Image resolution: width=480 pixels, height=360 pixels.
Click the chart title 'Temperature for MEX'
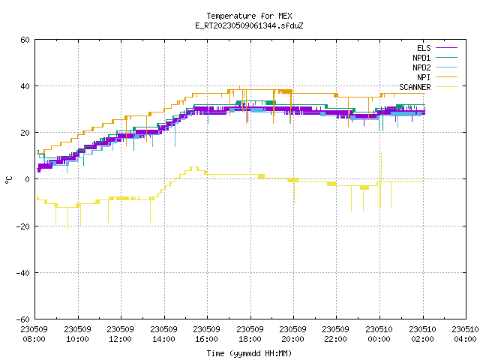249,16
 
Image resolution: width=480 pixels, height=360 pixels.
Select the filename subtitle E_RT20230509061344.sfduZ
249,25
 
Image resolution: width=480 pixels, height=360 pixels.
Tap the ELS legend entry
436,48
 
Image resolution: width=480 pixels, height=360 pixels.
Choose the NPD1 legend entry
435,58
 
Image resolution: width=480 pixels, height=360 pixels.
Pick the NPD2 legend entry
435,67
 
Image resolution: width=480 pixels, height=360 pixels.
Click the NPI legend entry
436,77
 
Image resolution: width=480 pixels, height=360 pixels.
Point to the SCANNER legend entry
428,87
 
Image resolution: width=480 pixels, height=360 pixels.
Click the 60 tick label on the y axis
25,40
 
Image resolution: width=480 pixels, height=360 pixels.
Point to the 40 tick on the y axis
25,86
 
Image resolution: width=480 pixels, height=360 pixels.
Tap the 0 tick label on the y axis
28,179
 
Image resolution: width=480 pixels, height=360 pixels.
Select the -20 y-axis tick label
23,226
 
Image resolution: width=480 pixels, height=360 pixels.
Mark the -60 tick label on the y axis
23,319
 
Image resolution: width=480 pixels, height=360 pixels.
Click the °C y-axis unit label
8,180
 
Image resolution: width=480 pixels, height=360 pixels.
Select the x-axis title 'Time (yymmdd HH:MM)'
249,353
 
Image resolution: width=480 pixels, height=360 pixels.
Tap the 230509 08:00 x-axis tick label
34,334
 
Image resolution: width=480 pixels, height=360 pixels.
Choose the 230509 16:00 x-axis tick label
207,334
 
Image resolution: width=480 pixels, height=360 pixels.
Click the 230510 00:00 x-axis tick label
379,334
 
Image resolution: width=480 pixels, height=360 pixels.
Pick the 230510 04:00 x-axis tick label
465,334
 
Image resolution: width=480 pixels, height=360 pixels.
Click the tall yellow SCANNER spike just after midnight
381,166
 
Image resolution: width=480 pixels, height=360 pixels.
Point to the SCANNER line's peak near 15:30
194,167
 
